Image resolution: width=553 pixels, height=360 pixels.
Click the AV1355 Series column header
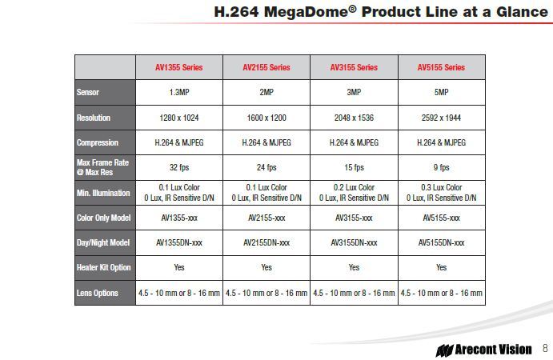coord(178,67)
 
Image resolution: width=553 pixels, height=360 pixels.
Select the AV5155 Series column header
coord(441,67)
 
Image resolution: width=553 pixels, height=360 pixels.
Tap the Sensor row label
coord(88,92)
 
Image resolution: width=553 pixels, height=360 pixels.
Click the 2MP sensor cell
coord(266,92)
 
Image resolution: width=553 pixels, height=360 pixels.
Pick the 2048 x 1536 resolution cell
coord(354,118)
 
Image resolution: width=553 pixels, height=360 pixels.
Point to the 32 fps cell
coord(179,167)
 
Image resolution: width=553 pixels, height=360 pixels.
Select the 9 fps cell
coord(441,167)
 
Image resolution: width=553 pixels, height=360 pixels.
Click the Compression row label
coord(98,143)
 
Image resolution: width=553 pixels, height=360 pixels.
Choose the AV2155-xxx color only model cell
coord(266,218)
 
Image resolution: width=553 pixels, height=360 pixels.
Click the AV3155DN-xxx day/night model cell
coord(354,242)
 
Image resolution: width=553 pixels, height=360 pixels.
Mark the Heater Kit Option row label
coord(104,268)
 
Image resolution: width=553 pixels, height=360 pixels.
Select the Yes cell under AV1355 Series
coord(179,268)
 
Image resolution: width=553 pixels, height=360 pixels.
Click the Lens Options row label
coord(98,293)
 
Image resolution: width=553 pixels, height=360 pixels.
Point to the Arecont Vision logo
coord(483,350)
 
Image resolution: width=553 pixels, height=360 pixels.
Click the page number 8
coord(545,348)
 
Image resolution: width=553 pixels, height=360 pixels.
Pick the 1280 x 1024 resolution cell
coord(179,118)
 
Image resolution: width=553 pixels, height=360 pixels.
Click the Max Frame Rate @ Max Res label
coord(102,167)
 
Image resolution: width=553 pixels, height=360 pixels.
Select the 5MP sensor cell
coord(441,92)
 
